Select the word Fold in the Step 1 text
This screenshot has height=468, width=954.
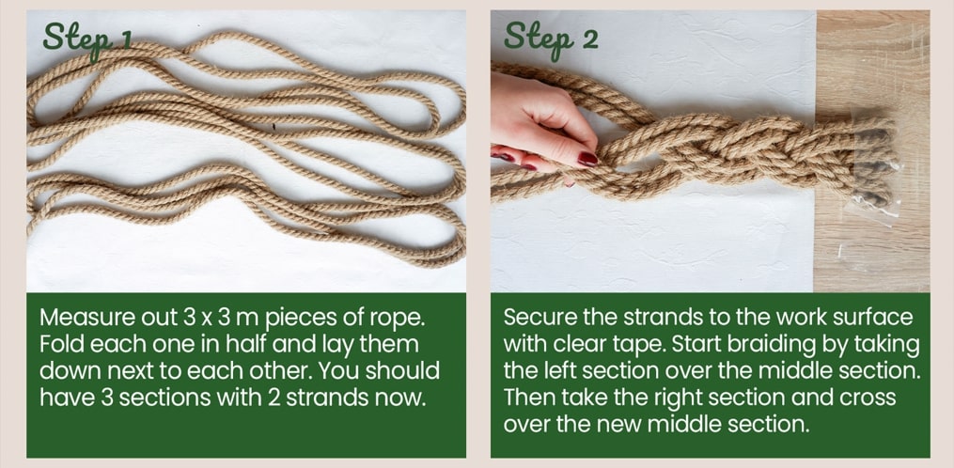pos(62,345)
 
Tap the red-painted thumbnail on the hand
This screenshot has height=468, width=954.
pos(587,159)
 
